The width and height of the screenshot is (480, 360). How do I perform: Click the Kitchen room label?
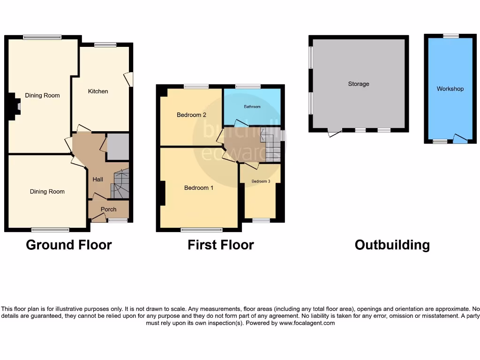click(98, 91)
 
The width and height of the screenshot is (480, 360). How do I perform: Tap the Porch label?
click(108, 209)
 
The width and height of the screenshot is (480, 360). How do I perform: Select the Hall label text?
click(97, 180)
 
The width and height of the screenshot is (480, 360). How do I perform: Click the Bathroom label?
click(252, 107)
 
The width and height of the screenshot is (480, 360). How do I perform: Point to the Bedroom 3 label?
click(261, 181)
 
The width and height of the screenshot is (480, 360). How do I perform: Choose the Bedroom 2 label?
click(192, 115)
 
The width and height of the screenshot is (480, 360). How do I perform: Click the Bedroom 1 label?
click(199, 188)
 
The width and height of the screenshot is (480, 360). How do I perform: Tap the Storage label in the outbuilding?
click(359, 84)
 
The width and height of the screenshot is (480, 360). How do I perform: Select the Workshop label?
click(450, 89)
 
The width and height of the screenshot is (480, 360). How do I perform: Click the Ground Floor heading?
click(69, 245)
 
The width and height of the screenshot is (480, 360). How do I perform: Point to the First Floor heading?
click(221, 245)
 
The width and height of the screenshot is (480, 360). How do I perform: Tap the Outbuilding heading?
click(392, 245)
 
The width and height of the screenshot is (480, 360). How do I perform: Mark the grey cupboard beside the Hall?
click(118, 147)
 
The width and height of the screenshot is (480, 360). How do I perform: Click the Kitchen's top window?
click(105, 45)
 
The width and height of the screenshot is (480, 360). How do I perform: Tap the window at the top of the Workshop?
click(451, 36)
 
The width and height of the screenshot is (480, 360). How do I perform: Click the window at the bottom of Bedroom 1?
click(202, 230)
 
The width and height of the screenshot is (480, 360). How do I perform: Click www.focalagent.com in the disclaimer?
click(307, 323)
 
